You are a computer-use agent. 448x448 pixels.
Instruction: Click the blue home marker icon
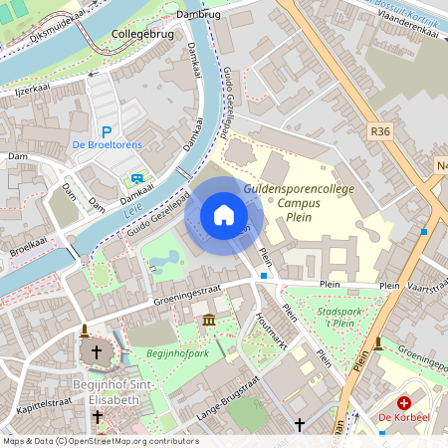point(224,215)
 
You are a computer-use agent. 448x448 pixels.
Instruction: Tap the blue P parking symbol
point(106,131)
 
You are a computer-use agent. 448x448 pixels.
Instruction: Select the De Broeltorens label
point(108,145)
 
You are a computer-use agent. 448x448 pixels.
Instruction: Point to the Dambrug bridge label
point(198,15)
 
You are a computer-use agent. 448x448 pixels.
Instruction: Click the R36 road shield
point(380,129)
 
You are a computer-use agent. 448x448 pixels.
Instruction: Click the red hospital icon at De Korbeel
point(403,403)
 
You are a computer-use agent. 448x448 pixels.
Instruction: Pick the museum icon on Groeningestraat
point(209,319)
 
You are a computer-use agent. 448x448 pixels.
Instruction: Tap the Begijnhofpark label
point(175,352)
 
